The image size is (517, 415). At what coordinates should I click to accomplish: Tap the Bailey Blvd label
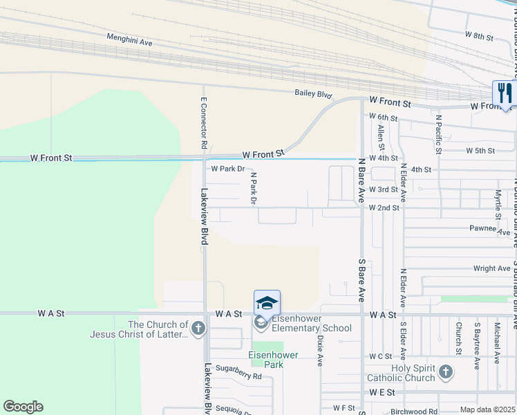coord(313,94)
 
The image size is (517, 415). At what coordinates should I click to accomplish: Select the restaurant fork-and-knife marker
coord(505,93)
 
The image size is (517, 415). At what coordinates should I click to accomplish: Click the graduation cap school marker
coord(267,302)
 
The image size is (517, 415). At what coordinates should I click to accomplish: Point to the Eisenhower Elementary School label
coord(311,323)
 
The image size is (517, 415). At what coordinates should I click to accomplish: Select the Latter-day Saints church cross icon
coord(198,328)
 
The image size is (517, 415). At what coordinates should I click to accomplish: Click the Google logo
coord(23,406)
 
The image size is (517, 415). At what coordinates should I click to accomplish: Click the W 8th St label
coord(479,35)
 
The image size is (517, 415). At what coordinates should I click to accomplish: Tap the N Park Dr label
coord(253,189)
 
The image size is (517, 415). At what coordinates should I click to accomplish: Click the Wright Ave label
coord(492,268)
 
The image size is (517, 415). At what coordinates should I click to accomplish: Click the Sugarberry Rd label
coord(238,376)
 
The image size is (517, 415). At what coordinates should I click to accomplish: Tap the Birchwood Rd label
coord(413,411)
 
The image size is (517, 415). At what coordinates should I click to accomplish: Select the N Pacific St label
coord(438,135)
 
